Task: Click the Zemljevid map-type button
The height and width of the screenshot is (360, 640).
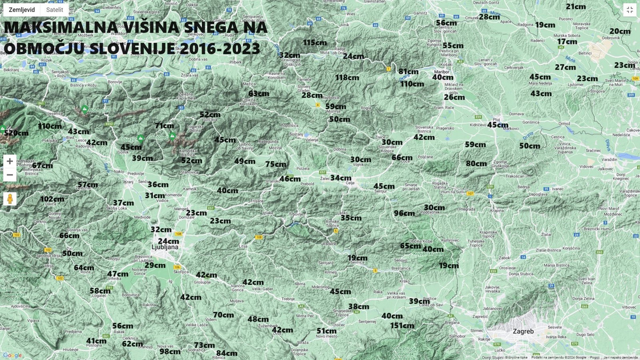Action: tap(22, 9)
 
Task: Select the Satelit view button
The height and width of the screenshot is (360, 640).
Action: tap(54, 9)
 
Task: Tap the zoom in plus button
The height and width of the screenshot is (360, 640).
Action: tap(9, 161)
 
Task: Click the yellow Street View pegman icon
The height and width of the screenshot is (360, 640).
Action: tap(9, 199)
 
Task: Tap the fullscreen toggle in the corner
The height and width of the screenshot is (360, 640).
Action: tap(629, 9)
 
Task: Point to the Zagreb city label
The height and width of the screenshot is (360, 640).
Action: tap(523, 331)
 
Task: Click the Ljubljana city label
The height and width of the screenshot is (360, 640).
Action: tap(165, 247)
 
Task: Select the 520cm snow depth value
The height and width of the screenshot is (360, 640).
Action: tap(16, 133)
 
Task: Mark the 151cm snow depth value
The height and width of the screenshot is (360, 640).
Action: tap(402, 325)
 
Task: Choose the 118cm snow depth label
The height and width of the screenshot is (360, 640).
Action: tap(347, 77)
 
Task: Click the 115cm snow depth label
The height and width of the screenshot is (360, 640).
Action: tap(314, 42)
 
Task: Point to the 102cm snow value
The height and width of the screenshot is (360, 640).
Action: tap(52, 199)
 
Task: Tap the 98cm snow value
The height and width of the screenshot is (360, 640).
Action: tap(170, 351)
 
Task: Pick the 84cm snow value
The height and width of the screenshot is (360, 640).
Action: tap(227, 353)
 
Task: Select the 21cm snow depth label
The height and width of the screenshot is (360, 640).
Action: tap(576, 6)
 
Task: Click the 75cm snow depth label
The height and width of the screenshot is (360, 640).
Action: tap(276, 164)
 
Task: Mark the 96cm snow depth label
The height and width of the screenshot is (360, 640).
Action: tap(404, 213)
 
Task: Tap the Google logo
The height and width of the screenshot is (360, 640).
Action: tap(12, 355)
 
